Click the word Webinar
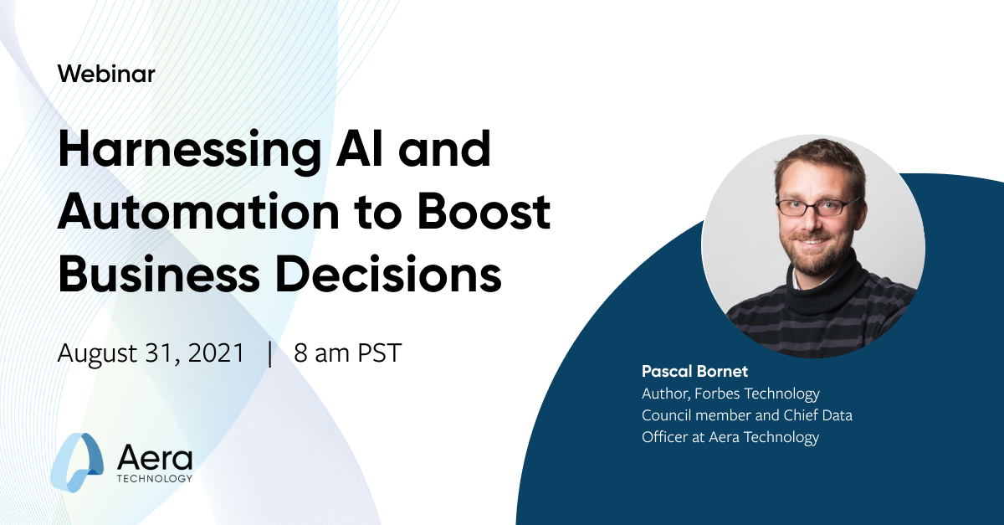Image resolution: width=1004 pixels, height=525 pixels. (x=106, y=74)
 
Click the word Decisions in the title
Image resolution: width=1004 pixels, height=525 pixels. (x=402, y=274)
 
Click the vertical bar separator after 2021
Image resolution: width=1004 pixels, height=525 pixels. (x=269, y=353)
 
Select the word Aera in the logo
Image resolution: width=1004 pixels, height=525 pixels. (x=155, y=457)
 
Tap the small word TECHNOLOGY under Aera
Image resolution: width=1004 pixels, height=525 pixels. (x=155, y=479)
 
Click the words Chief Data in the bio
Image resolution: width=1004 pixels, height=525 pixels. (x=812, y=414)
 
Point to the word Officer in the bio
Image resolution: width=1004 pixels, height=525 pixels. (x=666, y=436)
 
